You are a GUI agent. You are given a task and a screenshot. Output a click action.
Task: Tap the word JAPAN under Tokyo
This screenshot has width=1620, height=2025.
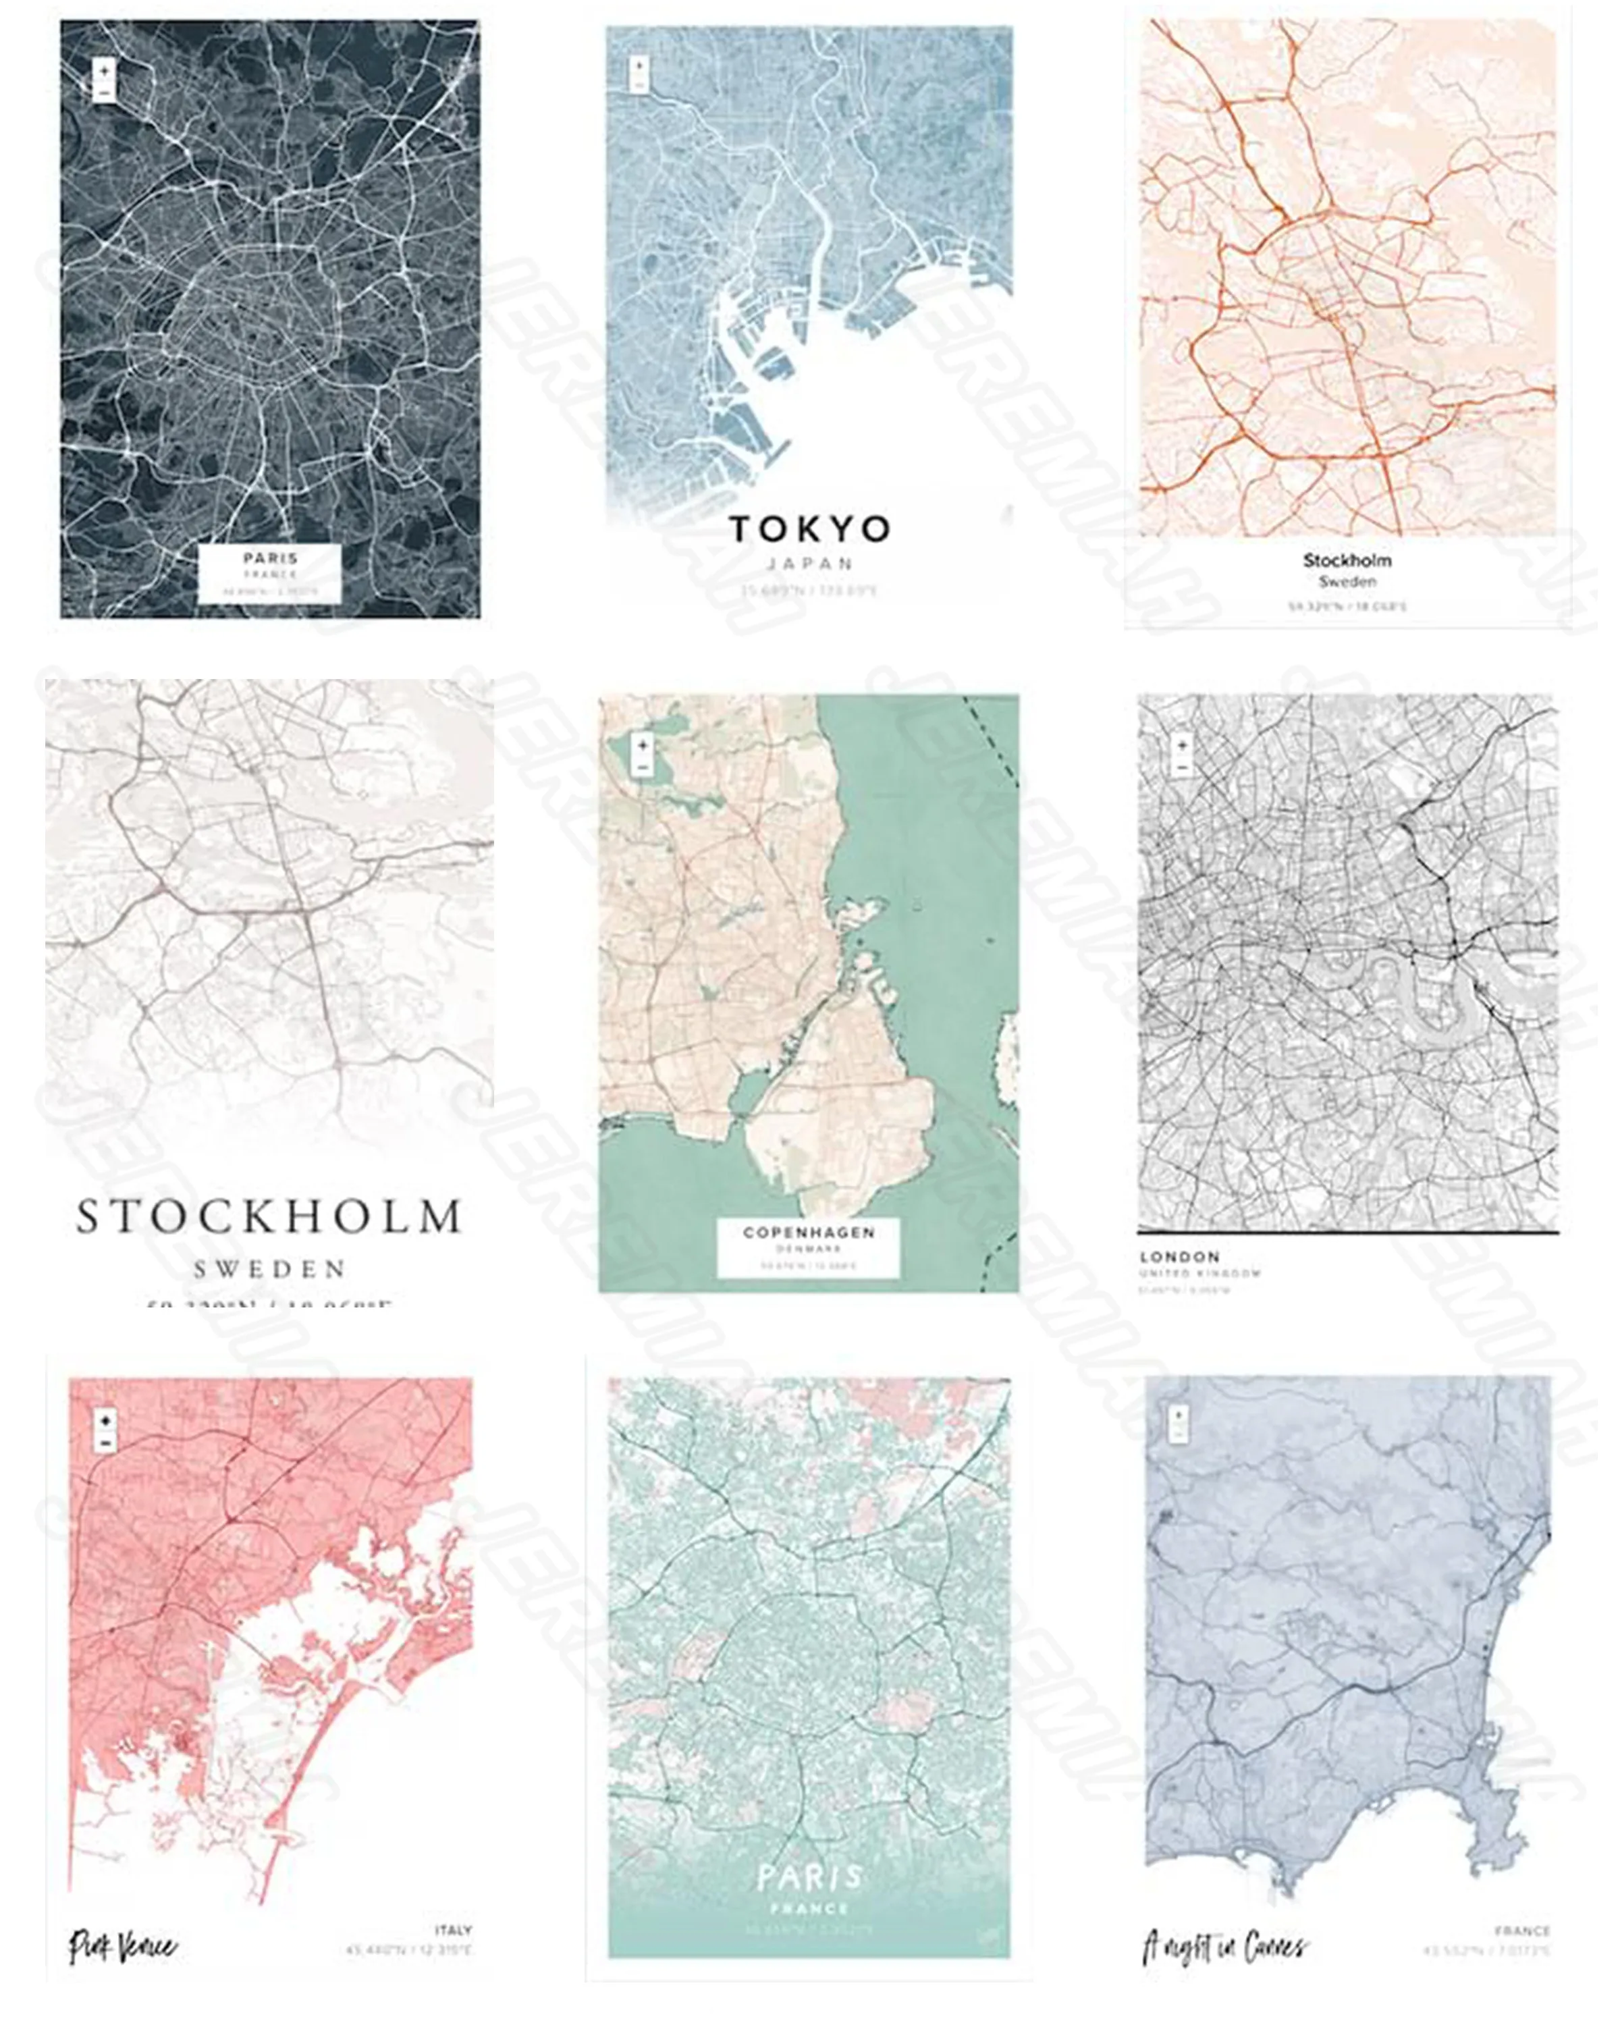coord(809,564)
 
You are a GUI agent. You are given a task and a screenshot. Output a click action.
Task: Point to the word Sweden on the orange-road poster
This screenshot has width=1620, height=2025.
coord(1347,581)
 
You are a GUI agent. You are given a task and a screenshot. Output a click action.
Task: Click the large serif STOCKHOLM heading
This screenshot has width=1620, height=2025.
coord(269,1216)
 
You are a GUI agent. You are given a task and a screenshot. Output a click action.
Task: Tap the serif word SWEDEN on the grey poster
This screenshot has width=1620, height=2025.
coord(269,1269)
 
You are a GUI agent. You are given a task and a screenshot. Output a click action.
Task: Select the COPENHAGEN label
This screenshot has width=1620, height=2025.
coord(809,1231)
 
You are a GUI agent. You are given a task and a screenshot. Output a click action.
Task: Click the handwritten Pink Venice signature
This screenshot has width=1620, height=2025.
coord(122,1945)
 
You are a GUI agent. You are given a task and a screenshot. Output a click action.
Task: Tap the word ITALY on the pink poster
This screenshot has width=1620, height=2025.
coord(453,1930)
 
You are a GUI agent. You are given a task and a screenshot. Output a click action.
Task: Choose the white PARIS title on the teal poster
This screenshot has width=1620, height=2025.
coord(809,1878)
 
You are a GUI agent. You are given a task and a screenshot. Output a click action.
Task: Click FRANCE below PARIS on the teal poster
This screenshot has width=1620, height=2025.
coord(809,1908)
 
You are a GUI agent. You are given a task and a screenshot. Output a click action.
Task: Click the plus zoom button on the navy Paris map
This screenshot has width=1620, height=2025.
coord(104,70)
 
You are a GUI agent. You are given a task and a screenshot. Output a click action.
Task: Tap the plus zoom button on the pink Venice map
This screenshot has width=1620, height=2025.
coord(105,1421)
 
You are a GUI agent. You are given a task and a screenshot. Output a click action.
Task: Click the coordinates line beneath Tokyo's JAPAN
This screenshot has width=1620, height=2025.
coord(809,591)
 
